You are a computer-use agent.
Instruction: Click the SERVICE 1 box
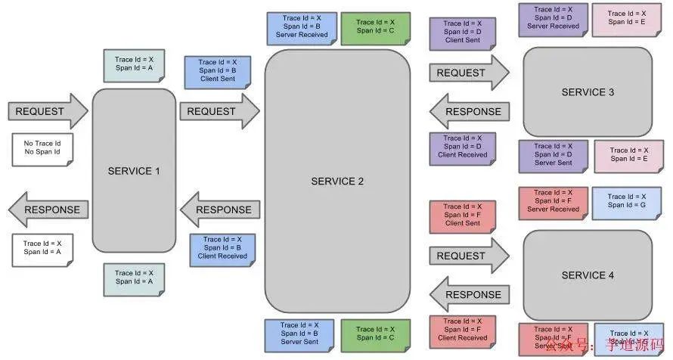134,171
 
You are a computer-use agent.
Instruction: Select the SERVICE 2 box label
337,182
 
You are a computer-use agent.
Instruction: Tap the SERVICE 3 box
588,92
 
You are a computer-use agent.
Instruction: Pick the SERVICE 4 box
588,275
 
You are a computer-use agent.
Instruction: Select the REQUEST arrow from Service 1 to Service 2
219,111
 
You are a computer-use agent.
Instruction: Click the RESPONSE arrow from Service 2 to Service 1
220,209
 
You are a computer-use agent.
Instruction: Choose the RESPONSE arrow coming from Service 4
468,294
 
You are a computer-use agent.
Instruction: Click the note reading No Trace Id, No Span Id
42,148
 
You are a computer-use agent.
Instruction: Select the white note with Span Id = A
42,248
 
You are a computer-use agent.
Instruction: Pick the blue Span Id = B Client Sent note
218,70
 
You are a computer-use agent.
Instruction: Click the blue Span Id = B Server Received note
300,28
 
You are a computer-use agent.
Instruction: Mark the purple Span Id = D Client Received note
462,147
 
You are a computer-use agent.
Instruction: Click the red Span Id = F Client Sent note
462,215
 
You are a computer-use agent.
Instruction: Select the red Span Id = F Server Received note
553,201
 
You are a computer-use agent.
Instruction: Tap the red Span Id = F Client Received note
462,331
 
